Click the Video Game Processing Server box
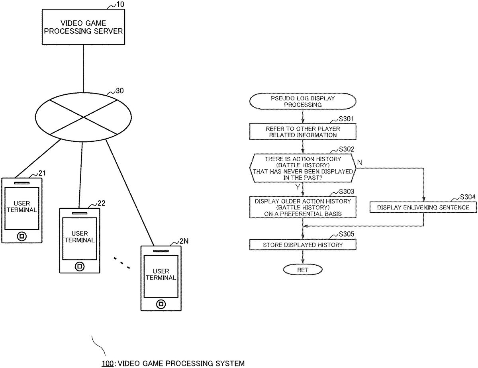[x=83, y=27]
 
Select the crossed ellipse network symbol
[x=83, y=117]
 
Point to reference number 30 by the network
[x=119, y=91]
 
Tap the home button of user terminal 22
[x=80, y=266]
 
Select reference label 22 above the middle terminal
[x=101, y=204]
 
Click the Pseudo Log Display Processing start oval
[x=303, y=101]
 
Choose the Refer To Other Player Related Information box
[x=303, y=132]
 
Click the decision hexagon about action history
[x=303, y=168]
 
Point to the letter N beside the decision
[x=360, y=162]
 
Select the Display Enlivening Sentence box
[x=423, y=207]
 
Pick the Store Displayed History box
[x=303, y=245]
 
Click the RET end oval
[x=303, y=270]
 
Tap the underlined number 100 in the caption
[x=108, y=363]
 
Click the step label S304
[x=467, y=197]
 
